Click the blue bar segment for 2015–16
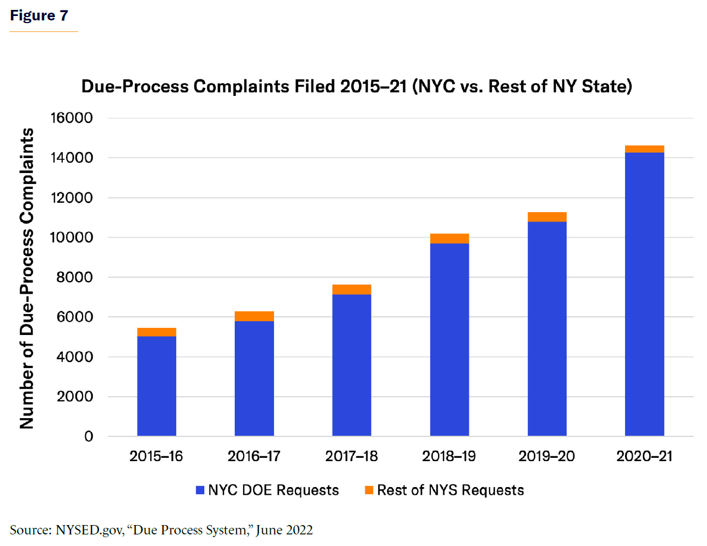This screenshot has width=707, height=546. [x=156, y=386]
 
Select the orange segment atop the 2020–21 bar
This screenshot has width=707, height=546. [x=644, y=149]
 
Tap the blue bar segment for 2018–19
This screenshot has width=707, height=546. [x=450, y=339]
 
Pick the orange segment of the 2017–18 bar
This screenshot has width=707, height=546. [x=352, y=290]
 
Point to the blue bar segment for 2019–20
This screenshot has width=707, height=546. [x=547, y=328]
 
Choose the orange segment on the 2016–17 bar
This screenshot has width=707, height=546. [x=254, y=316]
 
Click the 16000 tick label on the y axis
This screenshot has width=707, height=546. [x=72, y=118]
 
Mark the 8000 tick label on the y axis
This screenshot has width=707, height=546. [x=74, y=277]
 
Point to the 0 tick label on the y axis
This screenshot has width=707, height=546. [x=89, y=436]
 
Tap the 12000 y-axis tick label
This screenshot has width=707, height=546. [x=72, y=198]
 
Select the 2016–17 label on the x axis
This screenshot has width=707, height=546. [x=254, y=456]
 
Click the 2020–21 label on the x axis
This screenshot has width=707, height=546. [x=644, y=456]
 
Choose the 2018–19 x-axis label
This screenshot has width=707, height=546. [x=449, y=456]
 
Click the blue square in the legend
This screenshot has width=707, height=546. [x=200, y=490]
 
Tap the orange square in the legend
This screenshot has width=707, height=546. [x=369, y=490]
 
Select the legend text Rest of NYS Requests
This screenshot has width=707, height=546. [x=450, y=490]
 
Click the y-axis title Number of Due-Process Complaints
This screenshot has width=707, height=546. [x=27, y=278]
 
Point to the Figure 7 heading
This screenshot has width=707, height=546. [x=39, y=15]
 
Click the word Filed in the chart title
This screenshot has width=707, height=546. [x=314, y=87]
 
